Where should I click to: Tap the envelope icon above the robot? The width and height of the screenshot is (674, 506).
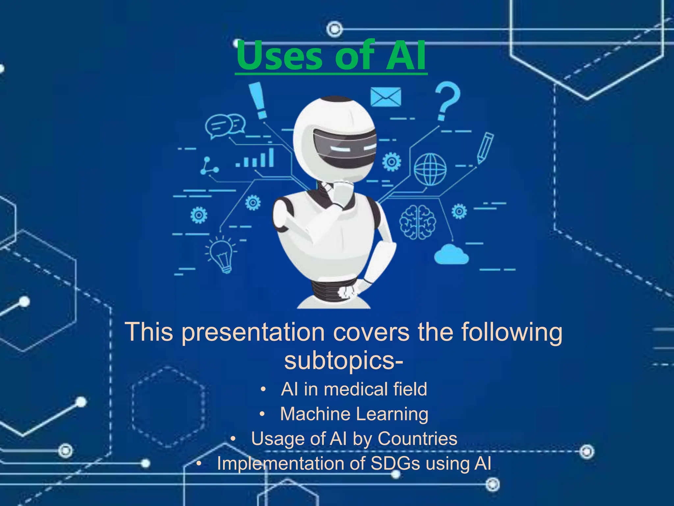(x=386, y=97)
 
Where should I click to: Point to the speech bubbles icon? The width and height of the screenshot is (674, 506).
(x=225, y=126)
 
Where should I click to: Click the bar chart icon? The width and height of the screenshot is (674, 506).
(x=255, y=159)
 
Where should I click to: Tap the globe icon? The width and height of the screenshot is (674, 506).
(x=430, y=169)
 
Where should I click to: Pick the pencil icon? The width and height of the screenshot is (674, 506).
(x=485, y=148)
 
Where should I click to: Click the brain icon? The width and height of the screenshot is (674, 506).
(x=418, y=221)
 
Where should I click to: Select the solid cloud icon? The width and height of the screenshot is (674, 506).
(x=451, y=254)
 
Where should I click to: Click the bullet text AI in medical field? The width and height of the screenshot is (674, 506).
(x=354, y=389)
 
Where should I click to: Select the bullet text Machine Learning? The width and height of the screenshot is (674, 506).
(x=354, y=414)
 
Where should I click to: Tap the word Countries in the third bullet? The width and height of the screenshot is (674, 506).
(x=417, y=438)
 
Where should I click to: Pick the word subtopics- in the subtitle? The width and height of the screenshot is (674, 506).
(x=344, y=360)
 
